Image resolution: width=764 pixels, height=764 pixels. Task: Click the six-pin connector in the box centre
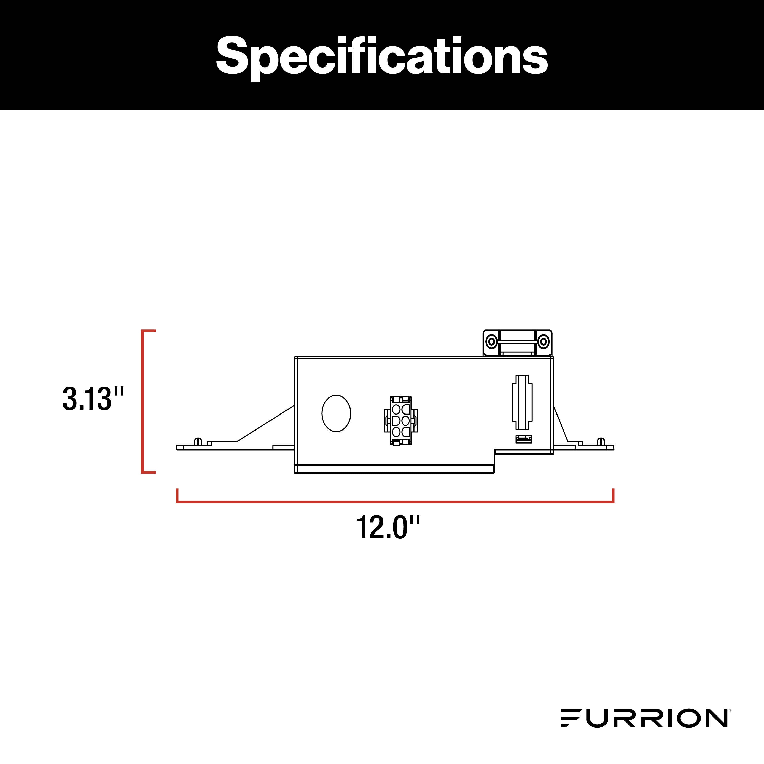pyautogui.click(x=401, y=421)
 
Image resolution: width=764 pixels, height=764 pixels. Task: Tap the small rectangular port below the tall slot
pyautogui.click(x=523, y=439)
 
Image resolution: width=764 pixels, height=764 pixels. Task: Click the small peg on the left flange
pyautogui.click(x=198, y=441)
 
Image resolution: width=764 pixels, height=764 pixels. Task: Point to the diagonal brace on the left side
pyautogui.click(x=265, y=423)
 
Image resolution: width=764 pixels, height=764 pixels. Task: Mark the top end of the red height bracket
pyautogui.click(x=149, y=330)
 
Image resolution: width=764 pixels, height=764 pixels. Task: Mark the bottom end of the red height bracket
pyautogui.click(x=149, y=472)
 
